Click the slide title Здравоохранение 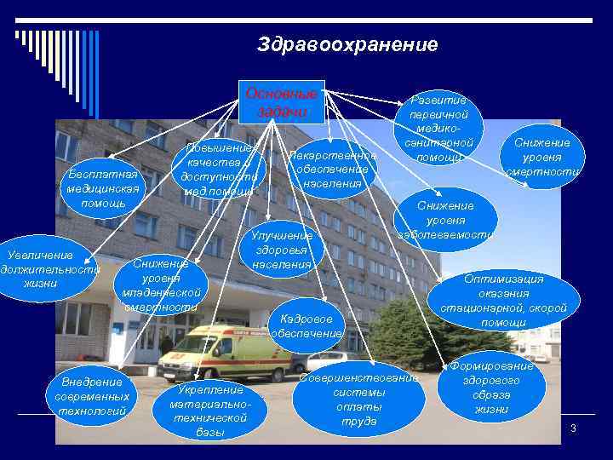pyautogui.click(x=347, y=44)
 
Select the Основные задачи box pyautogui.click(x=281, y=102)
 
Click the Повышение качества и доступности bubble pyautogui.click(x=219, y=169)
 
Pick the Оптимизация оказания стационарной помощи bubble pyautogui.click(x=503, y=300)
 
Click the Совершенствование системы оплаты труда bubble pyautogui.click(x=359, y=400)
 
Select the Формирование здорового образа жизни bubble pyautogui.click(x=491, y=388)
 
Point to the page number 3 pyautogui.click(x=573, y=428)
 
